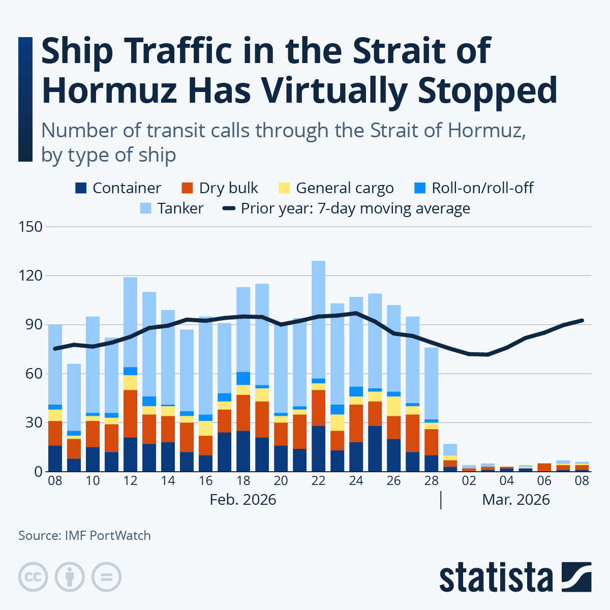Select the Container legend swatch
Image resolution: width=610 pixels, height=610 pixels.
click(x=81, y=188)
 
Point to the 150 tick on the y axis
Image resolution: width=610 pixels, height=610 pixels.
click(x=30, y=227)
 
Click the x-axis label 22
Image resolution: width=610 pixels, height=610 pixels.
click(x=318, y=480)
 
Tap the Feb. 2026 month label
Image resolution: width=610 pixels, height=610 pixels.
click(x=242, y=500)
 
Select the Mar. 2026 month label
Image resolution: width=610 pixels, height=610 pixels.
click(x=516, y=500)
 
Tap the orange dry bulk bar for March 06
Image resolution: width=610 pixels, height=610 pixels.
click(x=544, y=467)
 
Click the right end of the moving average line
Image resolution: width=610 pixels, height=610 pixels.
click(x=582, y=321)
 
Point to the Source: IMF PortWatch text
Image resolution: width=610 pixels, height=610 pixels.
click(x=84, y=535)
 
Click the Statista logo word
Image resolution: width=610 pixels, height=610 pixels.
click(x=496, y=578)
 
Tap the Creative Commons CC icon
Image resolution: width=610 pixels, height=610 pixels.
click(x=33, y=577)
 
